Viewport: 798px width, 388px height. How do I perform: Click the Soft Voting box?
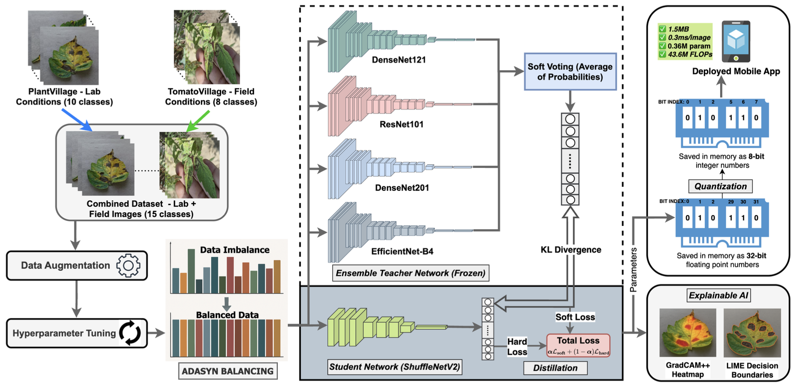[x=570, y=72]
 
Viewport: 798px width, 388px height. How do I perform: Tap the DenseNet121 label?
[x=399, y=60]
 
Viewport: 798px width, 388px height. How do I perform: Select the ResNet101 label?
[x=401, y=124]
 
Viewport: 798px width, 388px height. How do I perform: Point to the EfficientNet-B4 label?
[x=402, y=251]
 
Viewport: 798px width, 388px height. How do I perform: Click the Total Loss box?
[x=578, y=345]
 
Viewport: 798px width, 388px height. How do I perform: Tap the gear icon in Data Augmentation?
[x=128, y=266]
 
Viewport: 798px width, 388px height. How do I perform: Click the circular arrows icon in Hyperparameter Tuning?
[x=131, y=333]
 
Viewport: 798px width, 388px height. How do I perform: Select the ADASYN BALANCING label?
[x=227, y=371]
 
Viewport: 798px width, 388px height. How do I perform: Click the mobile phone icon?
[x=736, y=41]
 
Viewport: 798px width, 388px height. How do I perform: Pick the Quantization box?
[x=720, y=186]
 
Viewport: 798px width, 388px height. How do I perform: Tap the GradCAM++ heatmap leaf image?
[x=688, y=333]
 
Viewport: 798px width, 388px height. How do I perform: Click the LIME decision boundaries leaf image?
[x=752, y=333]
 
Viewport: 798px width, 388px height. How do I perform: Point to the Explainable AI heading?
[x=718, y=295]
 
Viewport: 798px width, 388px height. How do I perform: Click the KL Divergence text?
[x=571, y=250]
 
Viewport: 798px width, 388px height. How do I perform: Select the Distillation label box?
[x=555, y=368]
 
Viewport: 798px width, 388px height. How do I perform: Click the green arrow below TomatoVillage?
[x=198, y=121]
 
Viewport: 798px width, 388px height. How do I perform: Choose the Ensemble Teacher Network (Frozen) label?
[x=410, y=273]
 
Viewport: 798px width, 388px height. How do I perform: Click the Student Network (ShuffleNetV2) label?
[x=394, y=367]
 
